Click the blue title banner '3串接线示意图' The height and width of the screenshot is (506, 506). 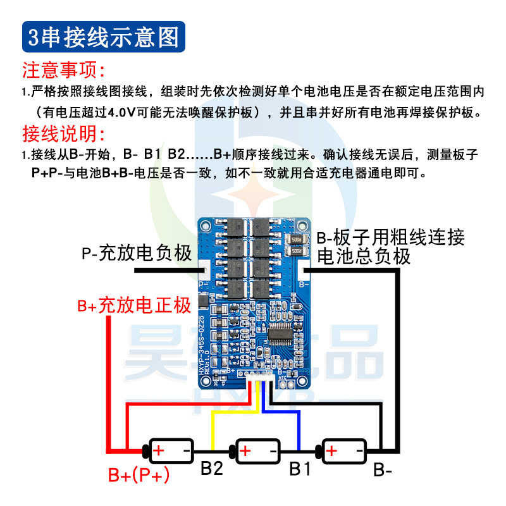[104, 37]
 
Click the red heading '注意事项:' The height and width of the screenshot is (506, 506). [63, 70]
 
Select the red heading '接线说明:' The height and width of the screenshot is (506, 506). [63, 135]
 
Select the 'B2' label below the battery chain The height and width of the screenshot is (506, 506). [212, 469]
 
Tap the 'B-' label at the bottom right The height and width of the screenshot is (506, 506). [383, 471]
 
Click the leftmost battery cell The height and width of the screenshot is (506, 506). [170, 451]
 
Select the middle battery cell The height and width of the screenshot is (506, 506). [257, 451]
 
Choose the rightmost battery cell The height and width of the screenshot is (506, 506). [344, 451]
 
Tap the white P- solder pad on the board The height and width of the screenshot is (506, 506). [203, 271]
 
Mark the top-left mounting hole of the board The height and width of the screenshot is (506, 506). [205, 225]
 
